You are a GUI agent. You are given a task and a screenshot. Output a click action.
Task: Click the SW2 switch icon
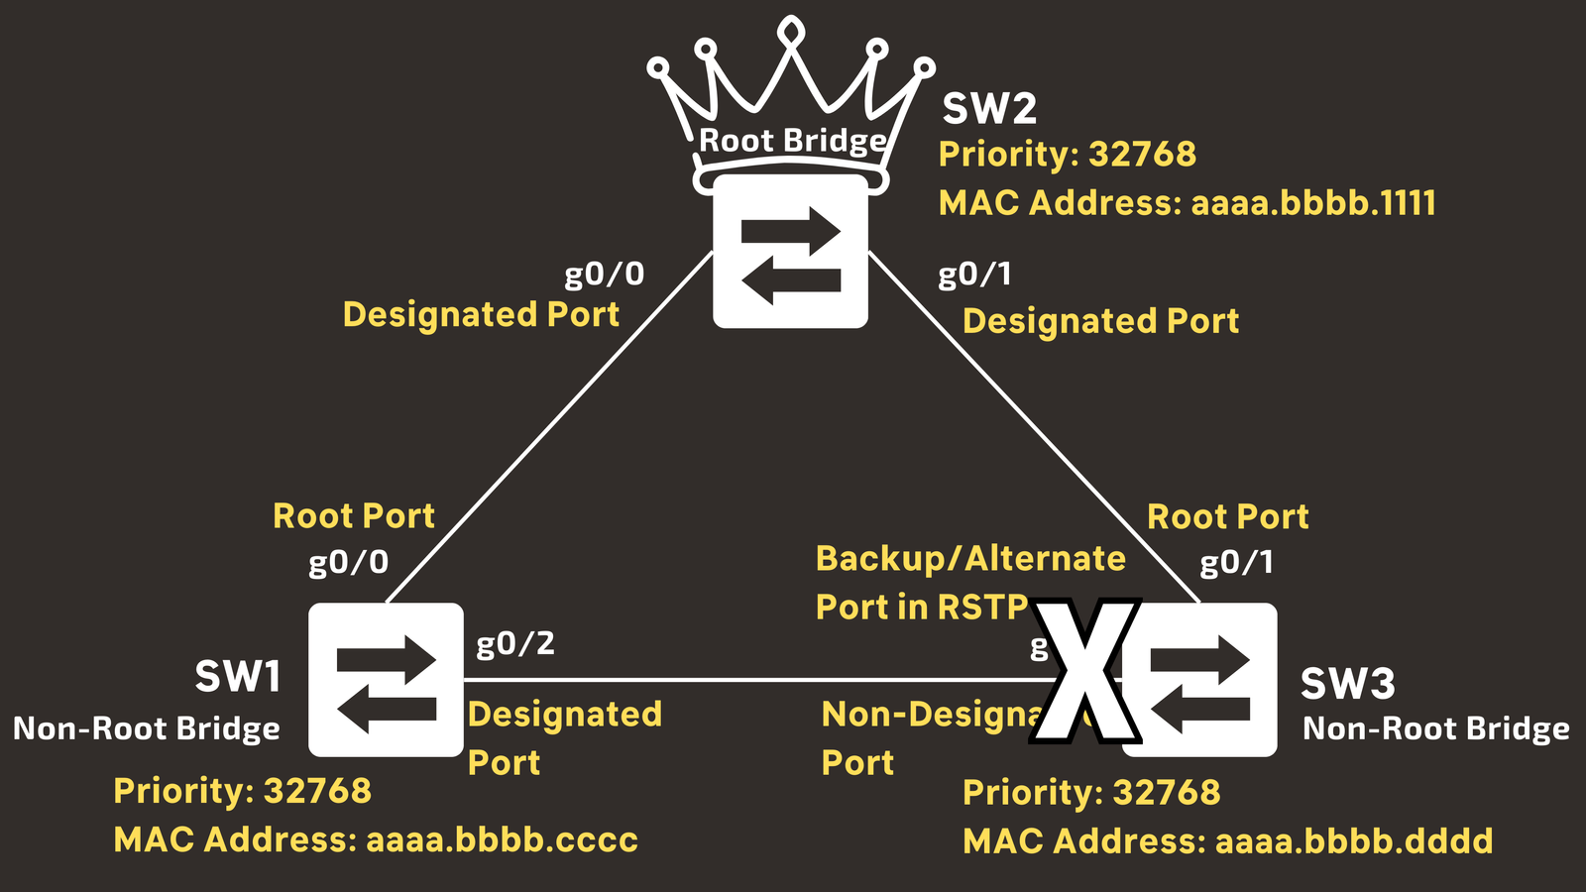(790, 252)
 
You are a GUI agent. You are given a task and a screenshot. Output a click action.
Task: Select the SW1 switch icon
(386, 680)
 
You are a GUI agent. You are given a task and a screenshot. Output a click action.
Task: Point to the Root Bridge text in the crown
(792, 141)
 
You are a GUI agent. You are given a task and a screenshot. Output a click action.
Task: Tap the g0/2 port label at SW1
(515, 644)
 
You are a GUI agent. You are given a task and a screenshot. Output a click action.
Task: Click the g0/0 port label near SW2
(604, 274)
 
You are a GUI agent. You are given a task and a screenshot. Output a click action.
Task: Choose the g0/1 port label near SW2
(974, 274)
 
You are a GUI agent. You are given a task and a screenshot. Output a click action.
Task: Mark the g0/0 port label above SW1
(348, 563)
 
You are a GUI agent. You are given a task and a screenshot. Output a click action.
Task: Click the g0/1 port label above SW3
(1236, 563)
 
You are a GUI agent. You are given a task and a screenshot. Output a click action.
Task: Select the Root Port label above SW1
(354, 516)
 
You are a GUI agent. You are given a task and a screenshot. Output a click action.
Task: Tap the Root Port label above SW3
(1227, 516)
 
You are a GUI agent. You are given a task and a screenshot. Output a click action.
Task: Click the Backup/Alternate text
(970, 559)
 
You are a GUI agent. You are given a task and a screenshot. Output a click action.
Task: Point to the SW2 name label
(988, 109)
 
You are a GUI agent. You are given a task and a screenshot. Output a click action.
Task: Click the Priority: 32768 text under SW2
(1067, 155)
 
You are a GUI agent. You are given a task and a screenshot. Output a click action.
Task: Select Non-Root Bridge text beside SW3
(1435, 729)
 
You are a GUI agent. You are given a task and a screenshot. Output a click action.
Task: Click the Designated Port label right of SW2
(1100, 321)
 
